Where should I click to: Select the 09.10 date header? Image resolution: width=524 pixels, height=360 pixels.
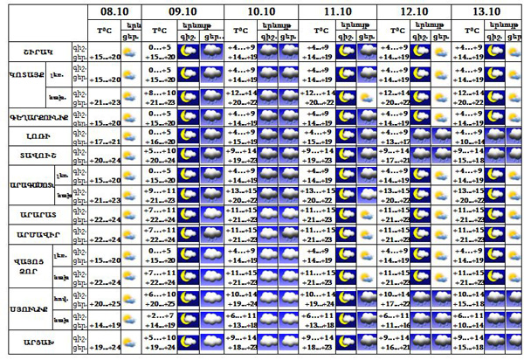tap(182, 11)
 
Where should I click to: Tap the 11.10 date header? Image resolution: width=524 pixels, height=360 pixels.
tap(336, 11)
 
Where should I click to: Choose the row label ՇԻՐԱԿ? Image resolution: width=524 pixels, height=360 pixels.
tap(35, 52)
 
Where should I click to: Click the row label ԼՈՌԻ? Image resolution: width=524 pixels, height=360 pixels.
tap(35, 136)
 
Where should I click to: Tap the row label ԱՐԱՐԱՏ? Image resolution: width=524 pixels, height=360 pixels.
tap(35, 214)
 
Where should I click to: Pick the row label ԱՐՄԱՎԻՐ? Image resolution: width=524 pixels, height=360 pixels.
tap(35, 234)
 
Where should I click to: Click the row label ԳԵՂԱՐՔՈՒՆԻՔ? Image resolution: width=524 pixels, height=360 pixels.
tap(35, 117)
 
